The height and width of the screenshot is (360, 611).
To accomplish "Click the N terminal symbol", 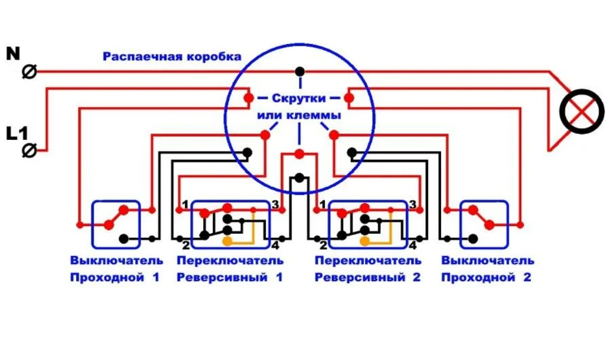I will [x=29, y=72].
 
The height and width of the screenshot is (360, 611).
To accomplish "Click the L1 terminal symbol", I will [x=29, y=151].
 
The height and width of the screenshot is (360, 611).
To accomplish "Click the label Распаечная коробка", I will [x=172, y=57].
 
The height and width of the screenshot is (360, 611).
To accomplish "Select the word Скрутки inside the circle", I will [x=299, y=98].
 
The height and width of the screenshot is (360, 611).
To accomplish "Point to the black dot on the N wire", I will [x=300, y=72].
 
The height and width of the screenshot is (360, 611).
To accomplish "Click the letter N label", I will [x=13, y=54].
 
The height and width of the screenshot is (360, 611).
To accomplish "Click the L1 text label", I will [x=16, y=134].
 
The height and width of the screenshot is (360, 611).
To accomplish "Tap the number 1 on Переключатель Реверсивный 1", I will [x=184, y=204].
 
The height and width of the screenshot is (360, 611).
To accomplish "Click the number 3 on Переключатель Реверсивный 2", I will [x=413, y=204].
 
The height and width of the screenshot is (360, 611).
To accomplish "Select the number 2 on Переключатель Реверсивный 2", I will [x=323, y=245].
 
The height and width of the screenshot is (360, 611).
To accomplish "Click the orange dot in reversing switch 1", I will [x=227, y=242].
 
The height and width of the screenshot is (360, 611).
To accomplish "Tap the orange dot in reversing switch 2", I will [x=365, y=242].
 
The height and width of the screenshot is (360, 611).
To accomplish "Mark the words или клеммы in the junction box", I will [x=299, y=115].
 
